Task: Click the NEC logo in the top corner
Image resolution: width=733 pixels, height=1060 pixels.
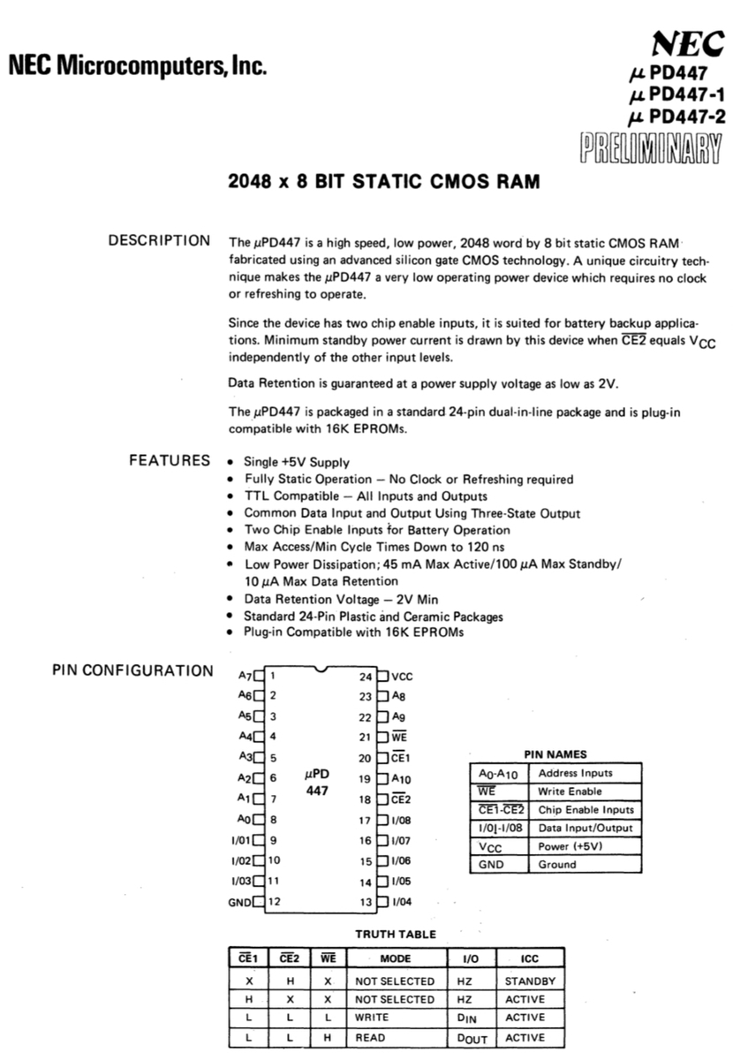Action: (x=687, y=42)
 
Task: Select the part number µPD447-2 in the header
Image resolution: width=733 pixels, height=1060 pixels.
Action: (x=674, y=117)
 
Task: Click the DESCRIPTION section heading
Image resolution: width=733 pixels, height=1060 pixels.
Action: (x=159, y=241)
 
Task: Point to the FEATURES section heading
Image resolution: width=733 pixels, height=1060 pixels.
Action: (x=170, y=460)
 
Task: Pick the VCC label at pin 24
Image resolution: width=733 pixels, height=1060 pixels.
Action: (x=402, y=677)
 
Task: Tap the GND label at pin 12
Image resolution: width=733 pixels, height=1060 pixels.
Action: (x=239, y=902)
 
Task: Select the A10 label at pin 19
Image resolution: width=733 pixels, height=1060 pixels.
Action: (x=402, y=779)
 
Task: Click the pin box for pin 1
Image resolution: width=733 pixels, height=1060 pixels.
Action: (x=259, y=676)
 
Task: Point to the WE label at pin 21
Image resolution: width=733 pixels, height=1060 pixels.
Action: (x=399, y=737)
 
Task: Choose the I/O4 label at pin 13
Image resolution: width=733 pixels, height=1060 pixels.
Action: (x=403, y=902)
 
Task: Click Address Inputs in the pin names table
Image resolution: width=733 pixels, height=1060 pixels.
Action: (x=575, y=773)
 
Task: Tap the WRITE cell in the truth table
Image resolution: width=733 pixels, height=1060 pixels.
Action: (x=371, y=1018)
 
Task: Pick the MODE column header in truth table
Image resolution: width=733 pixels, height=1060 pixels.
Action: (x=394, y=958)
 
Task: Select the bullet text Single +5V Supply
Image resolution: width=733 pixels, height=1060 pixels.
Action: (x=296, y=462)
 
